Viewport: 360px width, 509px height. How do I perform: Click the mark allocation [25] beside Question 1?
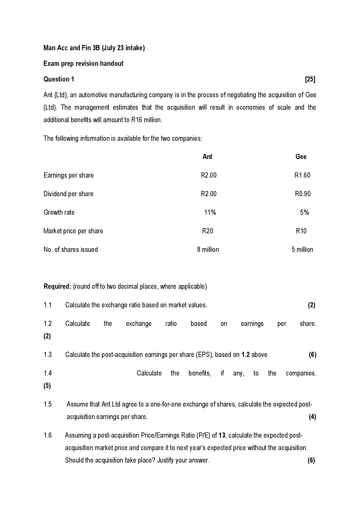click(x=310, y=79)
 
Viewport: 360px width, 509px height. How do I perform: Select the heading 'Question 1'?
click(x=59, y=79)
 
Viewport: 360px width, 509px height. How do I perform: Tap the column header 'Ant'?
click(x=207, y=157)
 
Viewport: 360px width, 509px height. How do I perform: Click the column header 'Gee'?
click(x=301, y=157)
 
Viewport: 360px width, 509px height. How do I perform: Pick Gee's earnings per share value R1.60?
click(x=302, y=175)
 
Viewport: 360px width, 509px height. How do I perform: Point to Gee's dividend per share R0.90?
click(x=303, y=194)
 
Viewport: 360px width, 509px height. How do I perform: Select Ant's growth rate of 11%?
click(x=210, y=212)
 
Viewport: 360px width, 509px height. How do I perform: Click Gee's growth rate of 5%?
click(x=304, y=212)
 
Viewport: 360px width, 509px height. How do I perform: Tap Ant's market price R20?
click(x=208, y=231)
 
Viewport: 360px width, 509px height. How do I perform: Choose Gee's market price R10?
click(x=301, y=231)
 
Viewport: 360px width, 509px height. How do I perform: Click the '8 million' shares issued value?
click(x=208, y=249)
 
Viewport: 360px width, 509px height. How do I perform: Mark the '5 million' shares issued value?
click(x=302, y=249)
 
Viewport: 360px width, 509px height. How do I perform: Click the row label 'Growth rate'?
click(x=59, y=212)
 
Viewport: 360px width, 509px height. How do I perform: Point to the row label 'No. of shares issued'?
click(x=71, y=249)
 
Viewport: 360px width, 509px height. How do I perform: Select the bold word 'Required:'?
click(x=57, y=286)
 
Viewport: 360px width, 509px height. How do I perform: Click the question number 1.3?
click(x=48, y=355)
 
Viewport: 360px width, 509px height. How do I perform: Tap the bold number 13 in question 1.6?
click(x=222, y=435)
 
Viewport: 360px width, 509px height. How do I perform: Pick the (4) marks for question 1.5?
click(x=312, y=417)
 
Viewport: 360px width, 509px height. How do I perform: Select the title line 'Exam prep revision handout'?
click(x=83, y=64)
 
